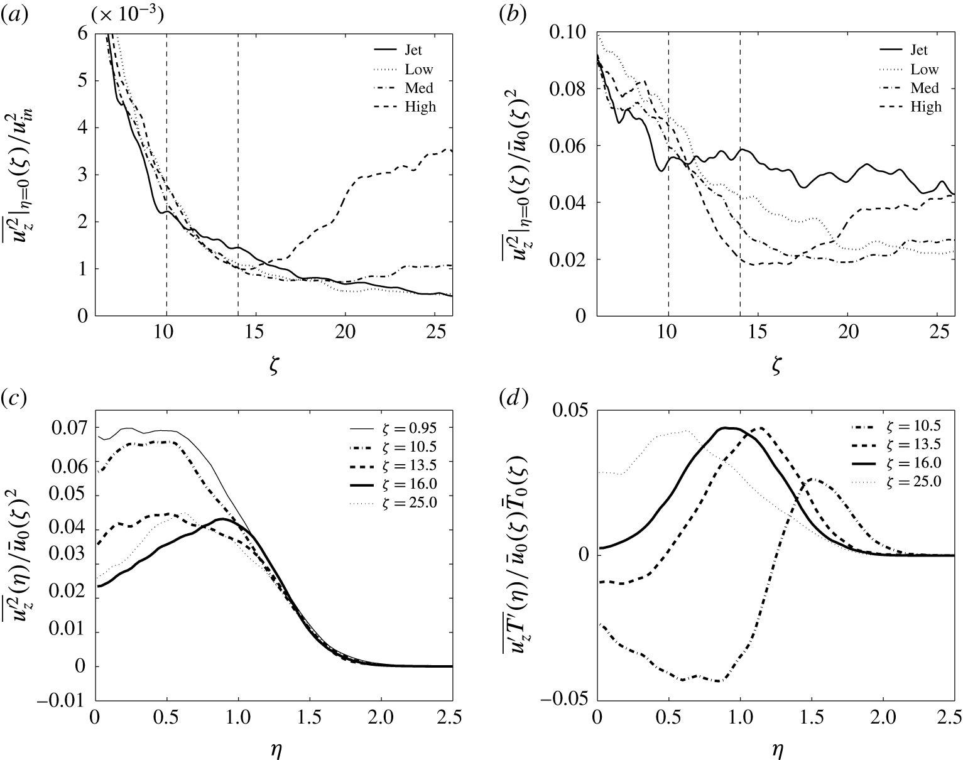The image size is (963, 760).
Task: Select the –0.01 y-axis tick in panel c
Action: [63, 701]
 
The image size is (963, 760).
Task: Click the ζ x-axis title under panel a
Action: [273, 367]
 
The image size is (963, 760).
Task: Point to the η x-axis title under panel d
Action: [776, 749]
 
